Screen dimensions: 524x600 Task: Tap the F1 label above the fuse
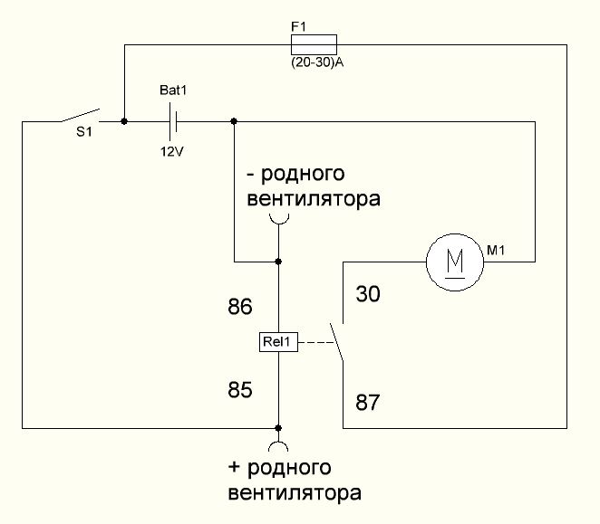tap(298, 28)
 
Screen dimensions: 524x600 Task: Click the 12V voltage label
tap(171, 150)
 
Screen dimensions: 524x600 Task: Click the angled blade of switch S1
tap(79, 116)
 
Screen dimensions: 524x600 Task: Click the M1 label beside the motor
tap(496, 251)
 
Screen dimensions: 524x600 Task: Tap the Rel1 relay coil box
tap(278, 342)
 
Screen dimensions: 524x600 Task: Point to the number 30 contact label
tap(369, 294)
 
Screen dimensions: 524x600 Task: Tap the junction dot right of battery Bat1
tap(234, 120)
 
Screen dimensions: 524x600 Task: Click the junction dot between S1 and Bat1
tap(123, 120)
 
